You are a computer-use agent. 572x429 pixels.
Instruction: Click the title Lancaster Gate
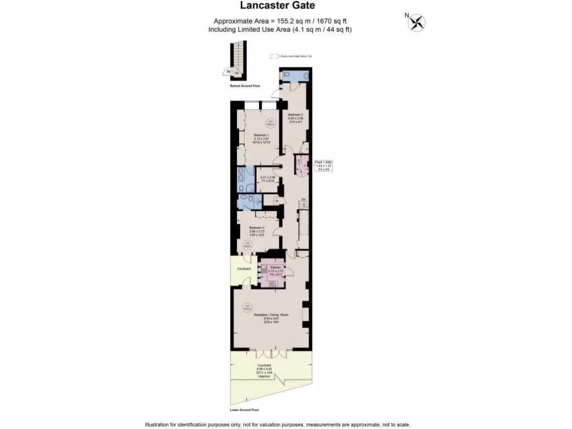(x=278, y=6)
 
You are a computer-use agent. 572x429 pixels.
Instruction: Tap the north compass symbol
(x=416, y=22)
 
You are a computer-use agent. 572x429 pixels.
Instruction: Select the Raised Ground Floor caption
(x=245, y=86)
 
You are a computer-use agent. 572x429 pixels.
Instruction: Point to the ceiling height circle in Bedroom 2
(x=246, y=244)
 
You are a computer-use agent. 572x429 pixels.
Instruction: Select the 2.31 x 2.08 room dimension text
(x=268, y=177)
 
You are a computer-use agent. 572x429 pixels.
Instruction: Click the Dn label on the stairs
(x=303, y=199)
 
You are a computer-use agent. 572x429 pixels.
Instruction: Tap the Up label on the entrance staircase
(x=237, y=73)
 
